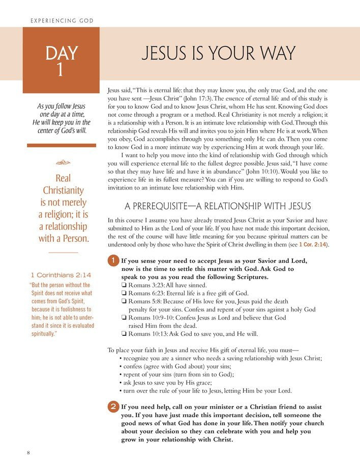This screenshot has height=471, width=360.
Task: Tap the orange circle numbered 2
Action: pyautogui.click(x=113, y=406)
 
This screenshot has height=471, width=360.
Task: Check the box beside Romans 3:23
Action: pyautogui.click(x=124, y=286)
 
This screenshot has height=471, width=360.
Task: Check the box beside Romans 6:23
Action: pyautogui.click(x=124, y=294)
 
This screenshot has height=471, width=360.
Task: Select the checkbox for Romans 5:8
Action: pyautogui.click(x=124, y=302)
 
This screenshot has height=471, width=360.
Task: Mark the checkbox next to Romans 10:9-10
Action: pyautogui.click(x=124, y=318)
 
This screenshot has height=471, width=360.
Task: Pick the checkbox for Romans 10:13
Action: pyautogui.click(x=124, y=334)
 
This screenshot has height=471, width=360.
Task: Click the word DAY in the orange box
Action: pyautogui.click(x=61, y=53)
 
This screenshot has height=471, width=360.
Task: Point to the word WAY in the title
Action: pyautogui.click(x=275, y=53)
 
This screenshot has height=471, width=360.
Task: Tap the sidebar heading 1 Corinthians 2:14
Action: pyautogui.click(x=61, y=275)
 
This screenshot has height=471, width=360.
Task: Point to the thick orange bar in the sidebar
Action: pyautogui.click(x=61, y=145)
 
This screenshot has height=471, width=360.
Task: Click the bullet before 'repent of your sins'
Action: pyautogui.click(x=121, y=374)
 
